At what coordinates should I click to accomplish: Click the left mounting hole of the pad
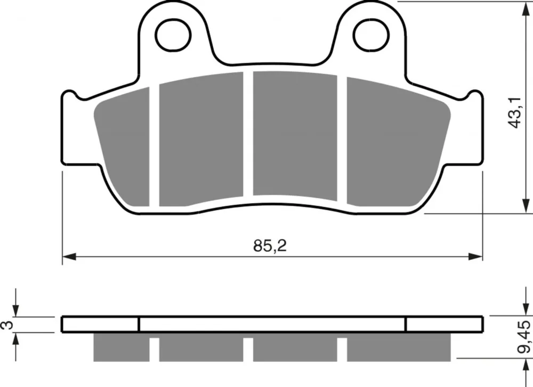pos(173,35)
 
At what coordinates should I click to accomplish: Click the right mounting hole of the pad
pos(371,35)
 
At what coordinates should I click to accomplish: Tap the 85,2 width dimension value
pos(270,245)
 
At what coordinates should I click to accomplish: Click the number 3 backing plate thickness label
pos(8,325)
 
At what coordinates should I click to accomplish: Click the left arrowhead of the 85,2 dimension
pos(69,257)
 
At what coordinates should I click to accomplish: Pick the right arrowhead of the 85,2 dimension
pos(475,257)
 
